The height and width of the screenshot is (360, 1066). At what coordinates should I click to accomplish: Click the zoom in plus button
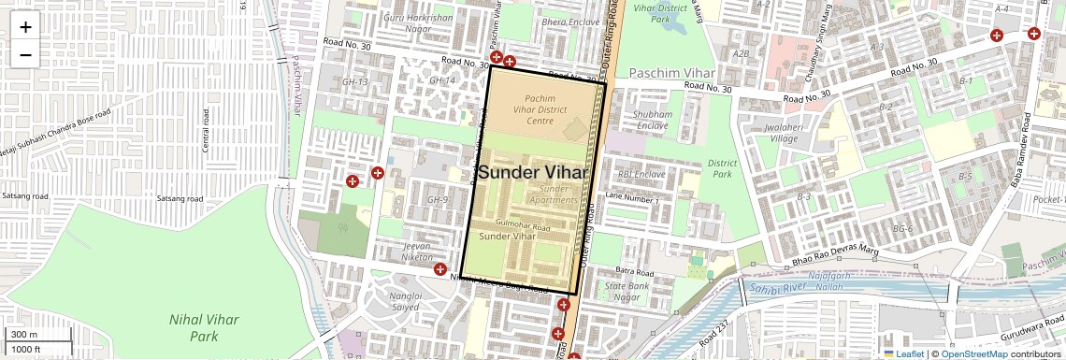coord(25,26)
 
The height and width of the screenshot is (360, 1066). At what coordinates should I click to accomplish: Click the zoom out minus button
coord(25,54)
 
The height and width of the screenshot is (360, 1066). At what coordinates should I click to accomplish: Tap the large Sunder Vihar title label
coord(533,173)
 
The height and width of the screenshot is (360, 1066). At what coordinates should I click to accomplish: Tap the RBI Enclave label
coord(641,174)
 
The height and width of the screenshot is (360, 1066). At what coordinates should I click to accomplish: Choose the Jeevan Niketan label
coord(416,252)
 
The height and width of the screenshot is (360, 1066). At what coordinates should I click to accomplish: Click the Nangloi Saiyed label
coord(404,301)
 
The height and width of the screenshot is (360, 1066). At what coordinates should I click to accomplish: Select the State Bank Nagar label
coord(628,292)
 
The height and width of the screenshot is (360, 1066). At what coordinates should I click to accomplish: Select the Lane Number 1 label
coord(632,200)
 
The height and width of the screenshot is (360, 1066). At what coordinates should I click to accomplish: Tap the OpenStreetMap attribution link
coord(974,353)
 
